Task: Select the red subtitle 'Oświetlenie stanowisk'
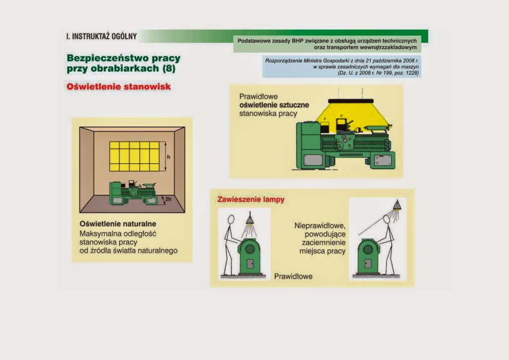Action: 118,87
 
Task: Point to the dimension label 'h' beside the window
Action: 169,157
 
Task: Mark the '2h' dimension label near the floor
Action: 168,199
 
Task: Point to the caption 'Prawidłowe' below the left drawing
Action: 293,276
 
